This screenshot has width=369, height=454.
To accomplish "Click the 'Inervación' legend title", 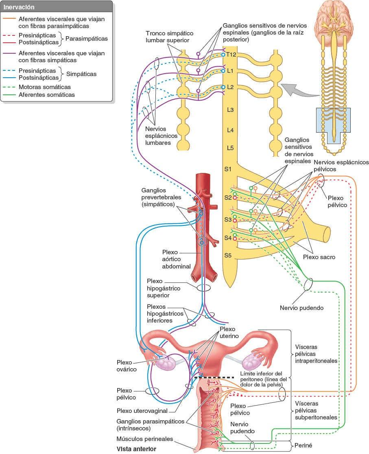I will [19, 7].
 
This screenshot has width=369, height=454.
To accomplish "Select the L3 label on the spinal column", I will [230, 110].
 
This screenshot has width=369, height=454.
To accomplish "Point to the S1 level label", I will [228, 169].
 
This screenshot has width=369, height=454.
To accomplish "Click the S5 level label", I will [228, 255].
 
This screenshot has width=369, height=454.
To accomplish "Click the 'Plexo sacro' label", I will [319, 257].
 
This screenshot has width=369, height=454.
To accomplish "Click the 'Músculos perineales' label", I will [144, 439].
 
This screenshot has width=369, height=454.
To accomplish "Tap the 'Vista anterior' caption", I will [136, 448].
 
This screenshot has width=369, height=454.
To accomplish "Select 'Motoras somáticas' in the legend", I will [44, 87].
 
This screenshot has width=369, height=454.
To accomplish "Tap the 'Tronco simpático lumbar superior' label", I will [170, 36].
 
